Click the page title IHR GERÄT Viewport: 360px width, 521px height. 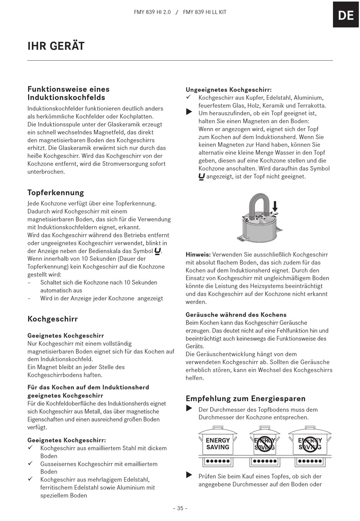56,46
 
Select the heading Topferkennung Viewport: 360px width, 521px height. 56,193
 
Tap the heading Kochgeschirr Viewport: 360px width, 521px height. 53,319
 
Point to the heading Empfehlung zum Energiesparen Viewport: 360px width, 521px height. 246,399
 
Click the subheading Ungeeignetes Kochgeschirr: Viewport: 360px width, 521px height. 229,90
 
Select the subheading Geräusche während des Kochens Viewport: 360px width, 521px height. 236,315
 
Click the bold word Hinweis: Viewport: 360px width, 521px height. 198,255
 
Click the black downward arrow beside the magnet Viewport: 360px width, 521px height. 275,206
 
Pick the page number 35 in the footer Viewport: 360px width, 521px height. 180,508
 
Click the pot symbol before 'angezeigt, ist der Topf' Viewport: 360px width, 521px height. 202,177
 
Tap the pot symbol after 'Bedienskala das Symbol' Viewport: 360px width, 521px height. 158,251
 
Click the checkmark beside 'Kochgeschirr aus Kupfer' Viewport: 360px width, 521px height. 189,98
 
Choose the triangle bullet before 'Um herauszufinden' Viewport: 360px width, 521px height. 189,112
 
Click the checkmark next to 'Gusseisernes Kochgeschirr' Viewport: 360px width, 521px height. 31,463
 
